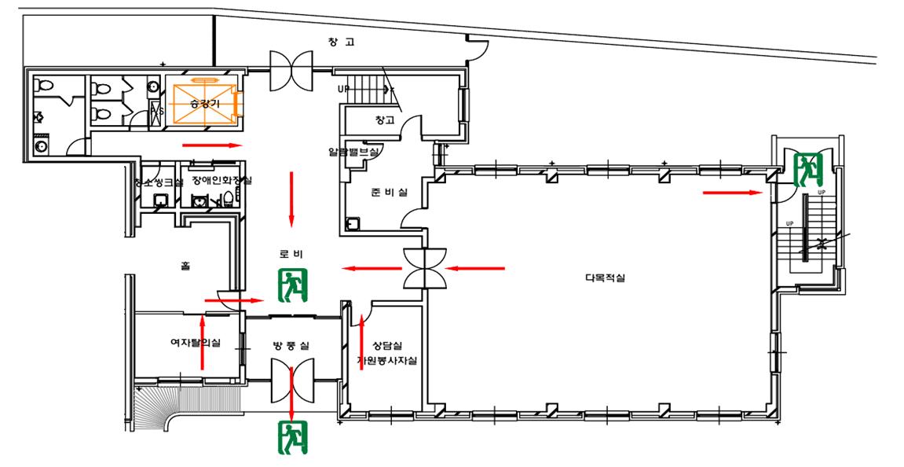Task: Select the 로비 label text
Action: pyautogui.click(x=291, y=254)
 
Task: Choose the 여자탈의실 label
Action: pyautogui.click(x=196, y=342)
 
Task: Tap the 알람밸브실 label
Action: pyautogui.click(x=353, y=152)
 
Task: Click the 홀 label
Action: pyautogui.click(x=185, y=267)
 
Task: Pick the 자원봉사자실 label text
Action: pyautogui.click(x=386, y=361)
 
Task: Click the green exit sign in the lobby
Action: pyautogui.click(x=294, y=285)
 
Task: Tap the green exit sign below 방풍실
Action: pyautogui.click(x=294, y=438)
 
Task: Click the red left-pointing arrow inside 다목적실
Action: pyautogui.click(x=476, y=269)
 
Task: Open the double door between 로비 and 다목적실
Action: pyautogui.click(x=425, y=268)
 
